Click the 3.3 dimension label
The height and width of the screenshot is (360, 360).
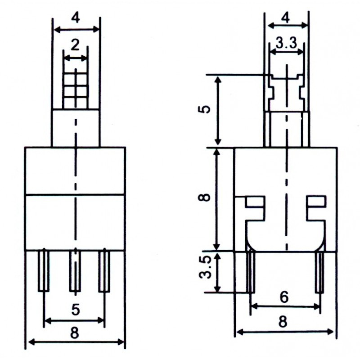(286, 44)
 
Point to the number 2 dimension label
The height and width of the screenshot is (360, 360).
(75, 45)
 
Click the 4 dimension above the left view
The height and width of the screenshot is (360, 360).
(76, 18)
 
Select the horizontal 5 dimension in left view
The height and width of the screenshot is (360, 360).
(75, 310)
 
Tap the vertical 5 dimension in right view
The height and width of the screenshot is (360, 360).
(205, 110)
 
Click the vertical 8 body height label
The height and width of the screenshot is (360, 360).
(205, 198)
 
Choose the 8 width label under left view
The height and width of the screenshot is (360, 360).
(75, 333)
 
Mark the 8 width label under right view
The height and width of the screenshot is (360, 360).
(283, 322)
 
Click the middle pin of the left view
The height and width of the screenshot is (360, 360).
(75, 271)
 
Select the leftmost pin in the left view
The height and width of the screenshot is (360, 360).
(43, 271)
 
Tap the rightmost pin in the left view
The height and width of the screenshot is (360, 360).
(104, 271)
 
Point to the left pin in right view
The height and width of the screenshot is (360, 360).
(250, 272)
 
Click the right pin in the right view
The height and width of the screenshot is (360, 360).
(320, 272)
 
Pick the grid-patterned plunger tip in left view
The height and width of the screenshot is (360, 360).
(75, 88)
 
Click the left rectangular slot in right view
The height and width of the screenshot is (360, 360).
(255, 201)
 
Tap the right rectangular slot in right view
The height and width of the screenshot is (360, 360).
(317, 201)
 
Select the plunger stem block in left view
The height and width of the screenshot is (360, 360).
(75, 128)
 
